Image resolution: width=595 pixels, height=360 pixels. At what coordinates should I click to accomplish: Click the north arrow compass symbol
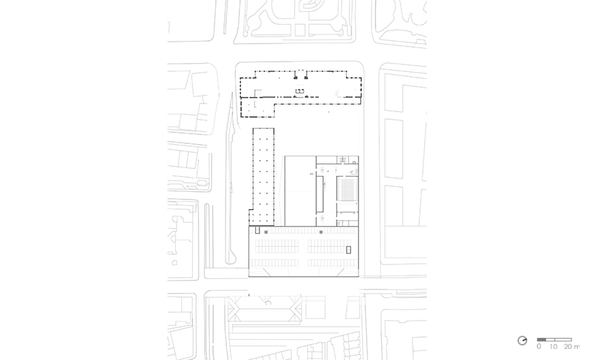point(522,341)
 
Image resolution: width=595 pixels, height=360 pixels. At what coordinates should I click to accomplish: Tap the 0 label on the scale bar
point(539,346)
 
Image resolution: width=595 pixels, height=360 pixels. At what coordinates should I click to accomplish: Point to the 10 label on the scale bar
point(553,346)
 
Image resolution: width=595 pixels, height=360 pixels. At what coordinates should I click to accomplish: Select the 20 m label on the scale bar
point(571,346)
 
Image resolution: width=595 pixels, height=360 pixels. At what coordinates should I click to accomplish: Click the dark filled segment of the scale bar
point(541,339)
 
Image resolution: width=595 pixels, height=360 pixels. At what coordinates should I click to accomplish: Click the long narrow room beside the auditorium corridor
point(320,194)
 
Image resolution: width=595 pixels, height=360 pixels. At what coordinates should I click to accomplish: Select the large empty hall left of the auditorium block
point(300,191)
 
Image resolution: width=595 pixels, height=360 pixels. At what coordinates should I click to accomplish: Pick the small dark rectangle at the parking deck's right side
point(348,250)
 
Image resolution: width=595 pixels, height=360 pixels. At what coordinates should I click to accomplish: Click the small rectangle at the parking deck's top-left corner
point(257,230)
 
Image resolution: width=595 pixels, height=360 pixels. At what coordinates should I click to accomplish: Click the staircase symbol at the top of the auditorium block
point(343,159)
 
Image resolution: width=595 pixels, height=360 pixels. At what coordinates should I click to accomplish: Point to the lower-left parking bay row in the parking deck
point(274,262)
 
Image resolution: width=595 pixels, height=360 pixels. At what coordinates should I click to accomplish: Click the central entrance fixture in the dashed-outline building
point(300,91)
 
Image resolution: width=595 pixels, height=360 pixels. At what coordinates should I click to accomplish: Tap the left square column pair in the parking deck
point(266,232)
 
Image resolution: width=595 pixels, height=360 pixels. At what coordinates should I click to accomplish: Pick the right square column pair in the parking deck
point(321,232)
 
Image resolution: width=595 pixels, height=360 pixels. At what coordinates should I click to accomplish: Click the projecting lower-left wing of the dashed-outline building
point(257,107)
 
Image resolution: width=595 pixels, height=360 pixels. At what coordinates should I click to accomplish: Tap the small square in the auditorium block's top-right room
point(354,163)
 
